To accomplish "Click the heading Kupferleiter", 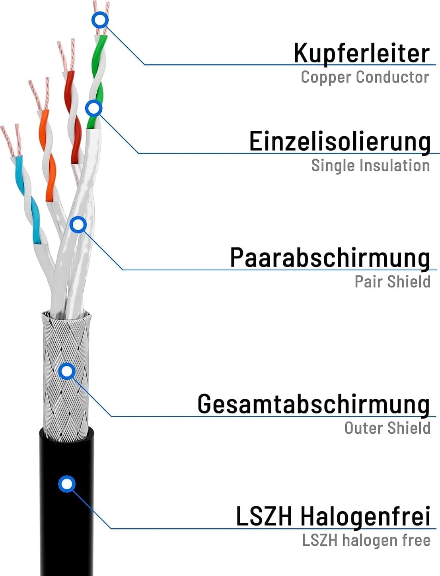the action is pos(362,54).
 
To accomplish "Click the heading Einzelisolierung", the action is pos(340,142).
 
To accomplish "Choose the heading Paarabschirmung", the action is pos(330,258).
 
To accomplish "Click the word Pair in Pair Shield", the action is pos(369,282).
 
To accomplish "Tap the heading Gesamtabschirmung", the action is pos(314,404).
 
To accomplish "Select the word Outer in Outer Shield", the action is pos(364,428).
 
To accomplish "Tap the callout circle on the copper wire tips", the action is pos(100,20).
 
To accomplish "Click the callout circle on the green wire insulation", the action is pos(94,108).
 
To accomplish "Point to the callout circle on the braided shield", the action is pos(67,371).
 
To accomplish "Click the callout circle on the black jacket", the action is pos(67,484).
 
